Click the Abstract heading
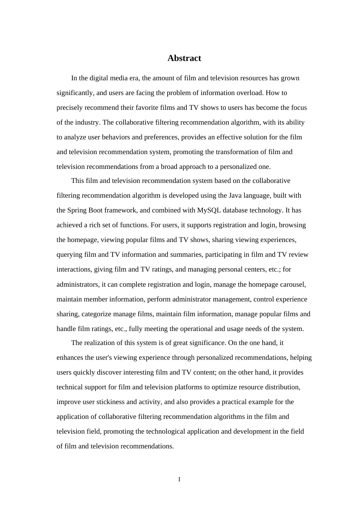[x=184, y=58]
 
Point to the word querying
[x=70, y=254]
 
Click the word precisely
[x=70, y=108]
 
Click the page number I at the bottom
[x=179, y=479]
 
